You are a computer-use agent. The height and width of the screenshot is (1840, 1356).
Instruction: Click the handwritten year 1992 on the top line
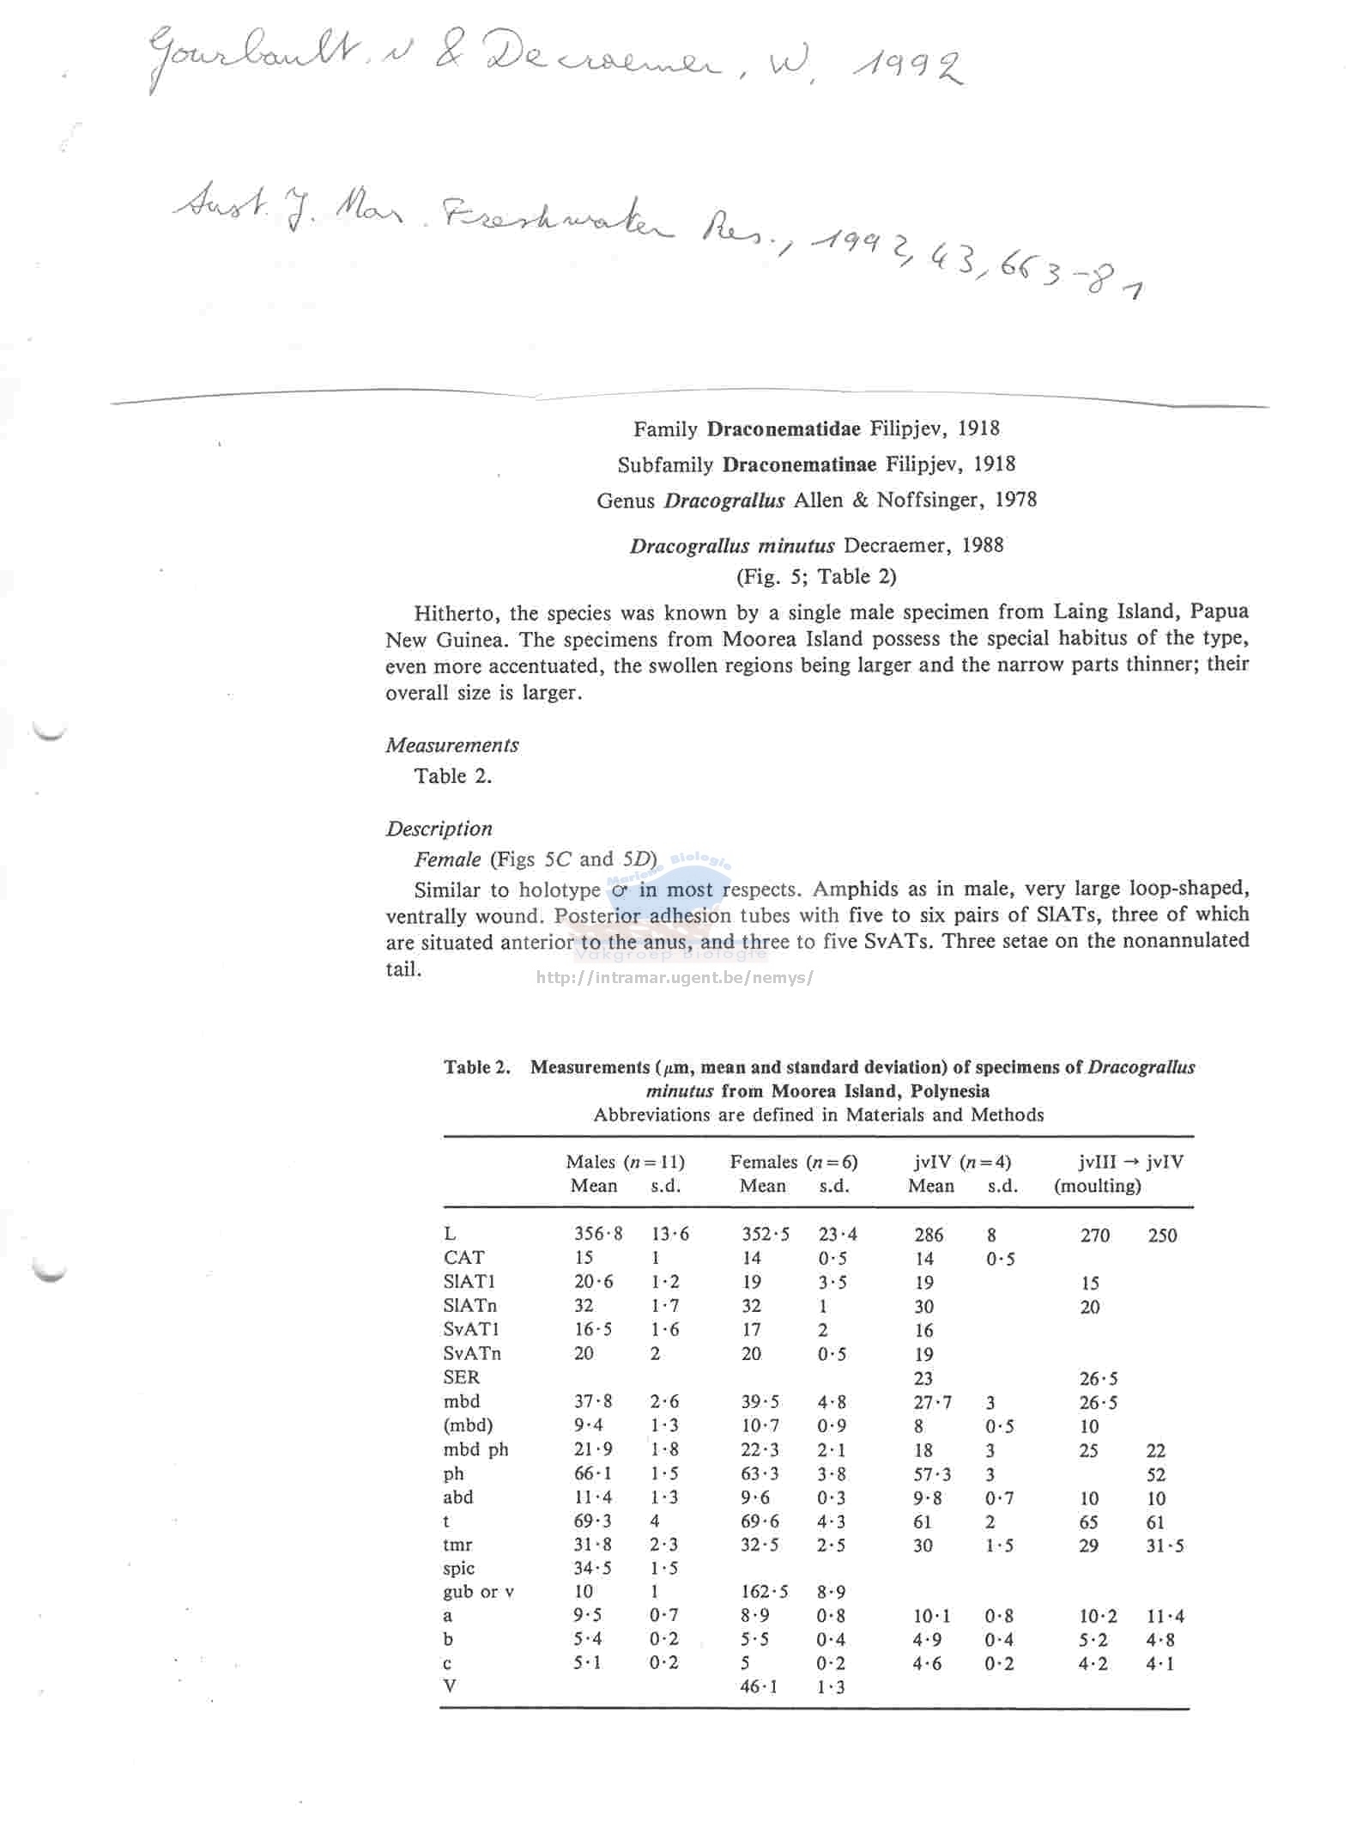[906, 67]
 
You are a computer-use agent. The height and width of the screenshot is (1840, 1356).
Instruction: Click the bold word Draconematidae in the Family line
[783, 428]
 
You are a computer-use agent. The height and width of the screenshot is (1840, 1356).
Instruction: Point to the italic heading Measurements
[451, 744]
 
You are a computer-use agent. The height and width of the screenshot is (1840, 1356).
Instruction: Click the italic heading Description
[439, 829]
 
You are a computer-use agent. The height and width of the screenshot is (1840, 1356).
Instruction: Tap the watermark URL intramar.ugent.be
[674, 977]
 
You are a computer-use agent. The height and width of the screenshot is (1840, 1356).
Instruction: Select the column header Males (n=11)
[625, 1162]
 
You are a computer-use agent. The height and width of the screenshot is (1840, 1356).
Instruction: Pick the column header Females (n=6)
[793, 1162]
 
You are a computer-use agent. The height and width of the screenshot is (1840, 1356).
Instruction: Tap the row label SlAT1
[469, 1281]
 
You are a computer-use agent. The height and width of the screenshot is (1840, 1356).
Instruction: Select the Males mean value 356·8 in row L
[598, 1234]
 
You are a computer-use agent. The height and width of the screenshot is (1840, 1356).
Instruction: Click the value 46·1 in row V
[759, 1685]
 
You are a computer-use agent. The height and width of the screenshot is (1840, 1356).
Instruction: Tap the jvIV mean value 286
[929, 1235]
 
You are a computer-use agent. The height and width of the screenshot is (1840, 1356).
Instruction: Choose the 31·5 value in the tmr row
[1165, 1545]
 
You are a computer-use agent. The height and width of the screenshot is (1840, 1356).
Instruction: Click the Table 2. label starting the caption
[476, 1067]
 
